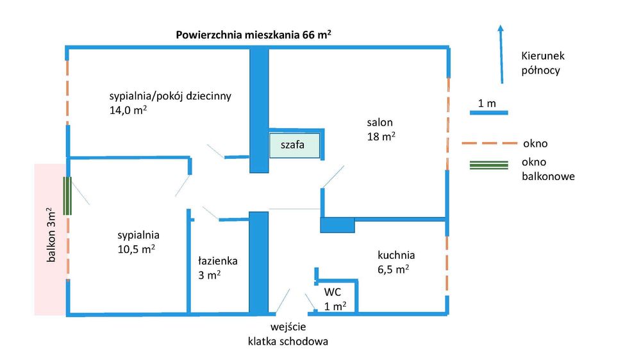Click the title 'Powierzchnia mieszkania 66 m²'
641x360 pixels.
tap(253, 35)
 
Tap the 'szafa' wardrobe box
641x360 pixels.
tap(294, 145)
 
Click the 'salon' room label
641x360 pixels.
tap(379, 122)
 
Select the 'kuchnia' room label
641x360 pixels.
tap(395, 254)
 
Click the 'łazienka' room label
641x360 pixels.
tap(217, 261)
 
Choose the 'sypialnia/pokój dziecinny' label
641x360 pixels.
tap(170, 96)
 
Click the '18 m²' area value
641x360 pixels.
tap(381, 136)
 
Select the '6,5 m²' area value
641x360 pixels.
tap(394, 269)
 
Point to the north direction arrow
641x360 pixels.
tap(501, 54)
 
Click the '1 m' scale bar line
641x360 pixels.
tap(488, 113)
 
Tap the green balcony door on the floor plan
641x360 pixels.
tap(67, 196)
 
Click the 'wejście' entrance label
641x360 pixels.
tap(288, 327)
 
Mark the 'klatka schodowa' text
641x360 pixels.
tap(288, 341)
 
